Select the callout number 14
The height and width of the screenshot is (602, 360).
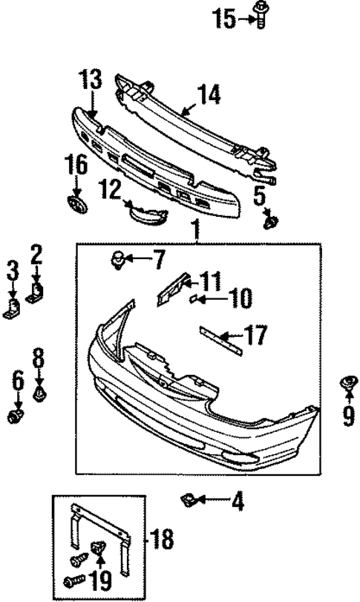(x=209, y=94)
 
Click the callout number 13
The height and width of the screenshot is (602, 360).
(x=91, y=79)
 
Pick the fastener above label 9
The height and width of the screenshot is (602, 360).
(x=347, y=384)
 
